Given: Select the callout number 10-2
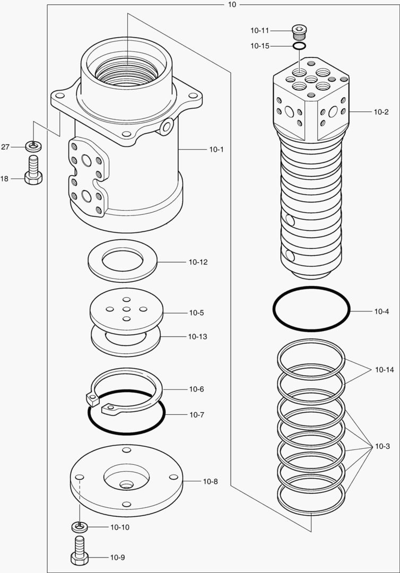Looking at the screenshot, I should point(381,112).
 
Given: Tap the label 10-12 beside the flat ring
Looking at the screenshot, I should point(198,262).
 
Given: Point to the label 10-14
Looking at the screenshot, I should point(384,369).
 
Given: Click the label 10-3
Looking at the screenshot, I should point(382,446).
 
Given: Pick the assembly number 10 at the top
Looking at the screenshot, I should point(232,4).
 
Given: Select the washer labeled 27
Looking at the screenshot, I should point(33,145).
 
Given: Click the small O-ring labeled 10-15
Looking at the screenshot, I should point(300,47).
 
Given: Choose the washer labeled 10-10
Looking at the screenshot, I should point(79,526).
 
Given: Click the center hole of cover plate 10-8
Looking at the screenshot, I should point(126,484).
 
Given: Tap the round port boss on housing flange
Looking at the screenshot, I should point(168,126).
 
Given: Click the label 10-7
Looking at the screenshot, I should point(197,414).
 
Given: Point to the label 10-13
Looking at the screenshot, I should point(198,337).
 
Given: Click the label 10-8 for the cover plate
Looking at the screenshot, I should point(210,482).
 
